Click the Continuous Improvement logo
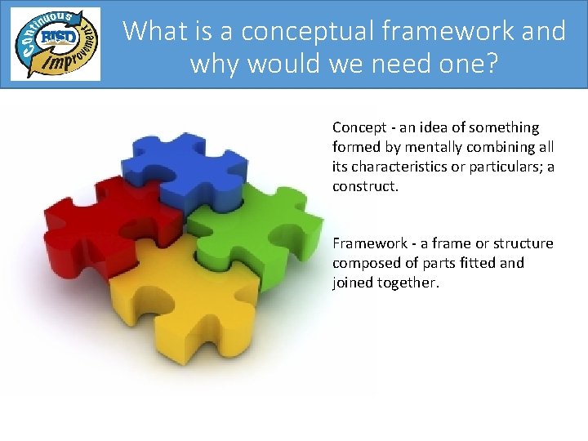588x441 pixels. (x=56, y=44)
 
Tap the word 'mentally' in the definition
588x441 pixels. (x=415, y=147)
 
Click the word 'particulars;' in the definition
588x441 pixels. (x=501, y=167)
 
